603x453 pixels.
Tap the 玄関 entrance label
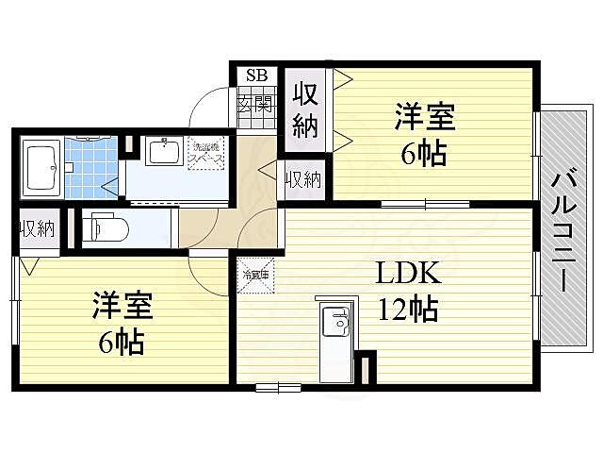point(255,102)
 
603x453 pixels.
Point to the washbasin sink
point(165,151)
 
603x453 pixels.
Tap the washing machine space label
point(207,153)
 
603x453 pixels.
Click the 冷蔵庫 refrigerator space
point(255,276)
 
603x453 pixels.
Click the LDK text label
point(409,274)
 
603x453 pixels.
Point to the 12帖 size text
point(410,309)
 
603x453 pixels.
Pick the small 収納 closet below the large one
point(302,179)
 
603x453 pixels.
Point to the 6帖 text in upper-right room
point(423,154)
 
